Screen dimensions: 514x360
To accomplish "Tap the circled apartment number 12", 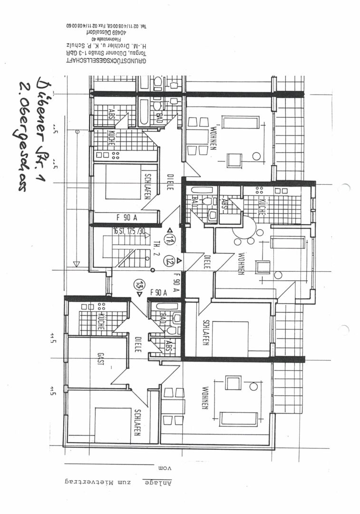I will click(169, 260).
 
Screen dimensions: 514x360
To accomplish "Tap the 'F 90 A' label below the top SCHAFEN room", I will click(127, 217).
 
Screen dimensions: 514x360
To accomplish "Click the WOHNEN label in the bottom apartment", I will click(204, 398).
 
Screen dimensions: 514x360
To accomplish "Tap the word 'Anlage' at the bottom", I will click(158, 482).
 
